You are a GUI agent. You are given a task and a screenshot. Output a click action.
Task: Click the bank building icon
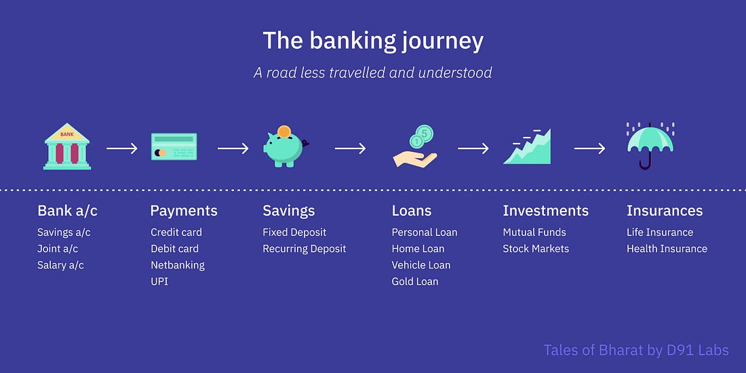pyautogui.click(x=67, y=146)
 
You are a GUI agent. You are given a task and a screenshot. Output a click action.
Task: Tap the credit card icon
pyautogui.click(x=174, y=146)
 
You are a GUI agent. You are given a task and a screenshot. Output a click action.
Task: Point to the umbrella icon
pyautogui.click(x=650, y=146)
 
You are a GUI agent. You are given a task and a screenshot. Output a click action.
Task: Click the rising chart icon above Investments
pyautogui.click(x=527, y=146)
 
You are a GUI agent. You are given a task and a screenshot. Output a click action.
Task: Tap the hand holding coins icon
pyautogui.click(x=415, y=146)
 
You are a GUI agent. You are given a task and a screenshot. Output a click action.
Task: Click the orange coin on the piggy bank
pyautogui.click(x=284, y=132)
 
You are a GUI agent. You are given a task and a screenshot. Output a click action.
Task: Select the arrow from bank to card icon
pyautogui.click(x=122, y=149)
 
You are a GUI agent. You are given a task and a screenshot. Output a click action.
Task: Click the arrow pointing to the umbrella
pyautogui.click(x=589, y=149)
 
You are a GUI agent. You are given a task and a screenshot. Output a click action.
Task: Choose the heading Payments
pyautogui.click(x=184, y=211)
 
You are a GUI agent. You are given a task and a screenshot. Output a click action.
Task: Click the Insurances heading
pyautogui.click(x=664, y=210)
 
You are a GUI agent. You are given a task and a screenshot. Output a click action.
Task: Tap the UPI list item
pyautogui.click(x=159, y=281)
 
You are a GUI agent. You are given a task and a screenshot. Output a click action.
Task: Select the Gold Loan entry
pyautogui.click(x=415, y=281)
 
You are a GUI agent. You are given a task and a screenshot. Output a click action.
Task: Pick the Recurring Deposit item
pyautogui.click(x=304, y=249)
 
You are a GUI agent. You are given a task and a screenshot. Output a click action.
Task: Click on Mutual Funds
pyautogui.click(x=534, y=232)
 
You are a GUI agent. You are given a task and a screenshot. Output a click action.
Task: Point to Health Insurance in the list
pyautogui.click(x=667, y=249)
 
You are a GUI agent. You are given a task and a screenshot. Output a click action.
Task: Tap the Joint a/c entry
pyautogui.click(x=58, y=249)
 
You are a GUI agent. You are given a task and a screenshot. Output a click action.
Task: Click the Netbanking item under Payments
pyautogui.click(x=178, y=265)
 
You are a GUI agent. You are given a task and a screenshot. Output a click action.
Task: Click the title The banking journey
pyautogui.click(x=373, y=41)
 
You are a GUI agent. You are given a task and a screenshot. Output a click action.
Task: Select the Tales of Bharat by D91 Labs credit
pyautogui.click(x=636, y=350)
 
